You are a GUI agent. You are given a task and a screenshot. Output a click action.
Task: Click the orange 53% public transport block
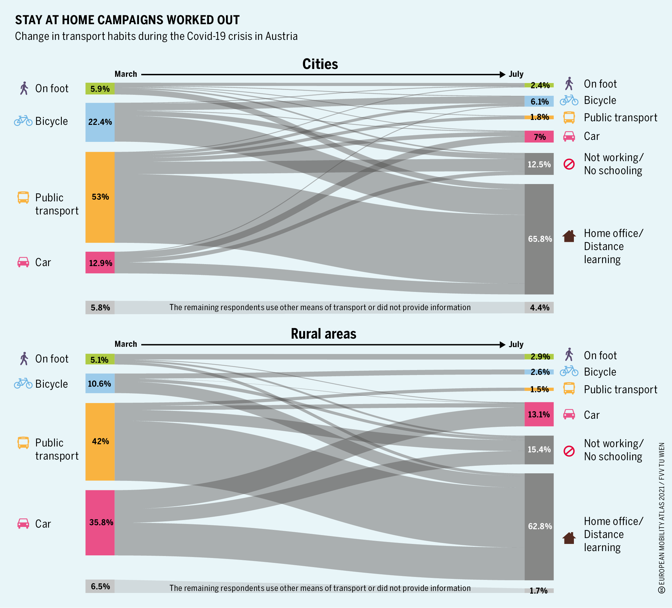tap(100, 197)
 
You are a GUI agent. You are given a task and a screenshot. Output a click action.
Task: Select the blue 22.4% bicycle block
tap(100, 122)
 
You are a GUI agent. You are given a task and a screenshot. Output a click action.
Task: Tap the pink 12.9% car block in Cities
tap(100, 262)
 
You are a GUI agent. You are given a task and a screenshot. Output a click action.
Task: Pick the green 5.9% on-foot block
tap(100, 89)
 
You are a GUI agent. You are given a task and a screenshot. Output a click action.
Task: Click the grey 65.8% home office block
tap(539, 239)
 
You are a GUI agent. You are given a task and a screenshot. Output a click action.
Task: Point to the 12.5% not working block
tap(539, 164)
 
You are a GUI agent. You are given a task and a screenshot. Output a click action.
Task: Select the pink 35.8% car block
tap(100, 522)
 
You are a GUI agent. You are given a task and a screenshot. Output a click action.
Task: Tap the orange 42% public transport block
tap(100, 441)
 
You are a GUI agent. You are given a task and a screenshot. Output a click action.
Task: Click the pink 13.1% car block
tap(539, 414)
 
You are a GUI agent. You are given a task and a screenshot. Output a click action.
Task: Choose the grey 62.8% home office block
tap(539, 526)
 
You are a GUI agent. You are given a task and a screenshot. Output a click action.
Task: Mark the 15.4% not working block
tap(539, 450)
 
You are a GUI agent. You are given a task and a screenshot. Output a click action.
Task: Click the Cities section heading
tap(320, 64)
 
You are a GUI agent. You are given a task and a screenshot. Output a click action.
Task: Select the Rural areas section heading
tap(323, 334)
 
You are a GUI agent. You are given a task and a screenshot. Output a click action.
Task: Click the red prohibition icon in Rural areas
tap(569, 451)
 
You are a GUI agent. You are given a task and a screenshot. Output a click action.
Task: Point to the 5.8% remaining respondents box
tap(100, 308)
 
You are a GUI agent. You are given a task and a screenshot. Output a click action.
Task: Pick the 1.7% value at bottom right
tap(539, 591)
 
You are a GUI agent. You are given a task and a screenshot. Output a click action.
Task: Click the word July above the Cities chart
tap(516, 74)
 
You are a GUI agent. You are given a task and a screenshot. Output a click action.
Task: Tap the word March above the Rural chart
tap(126, 344)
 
